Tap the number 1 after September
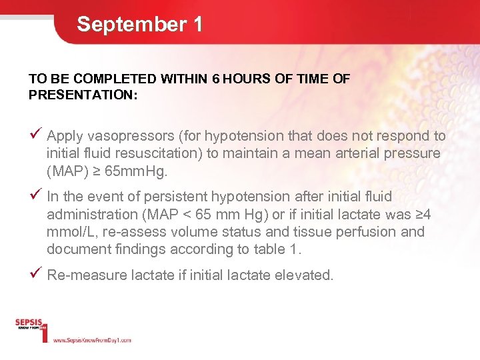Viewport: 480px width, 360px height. point(197,25)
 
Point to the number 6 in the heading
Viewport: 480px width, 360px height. point(215,79)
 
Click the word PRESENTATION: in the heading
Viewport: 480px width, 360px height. point(83,95)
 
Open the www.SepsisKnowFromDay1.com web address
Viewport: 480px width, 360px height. point(92,340)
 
